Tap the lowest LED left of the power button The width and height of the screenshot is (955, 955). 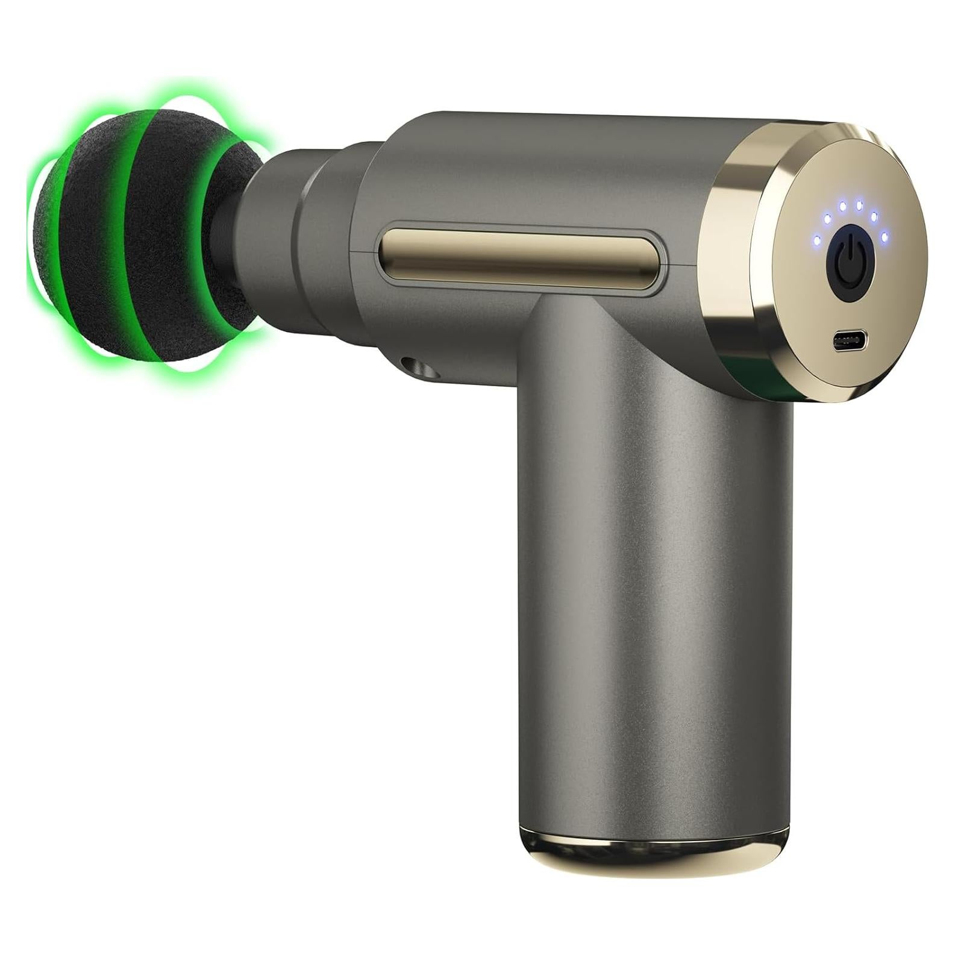click(x=817, y=240)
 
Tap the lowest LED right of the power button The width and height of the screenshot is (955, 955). click(x=885, y=237)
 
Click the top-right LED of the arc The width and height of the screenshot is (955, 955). click(x=859, y=205)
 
